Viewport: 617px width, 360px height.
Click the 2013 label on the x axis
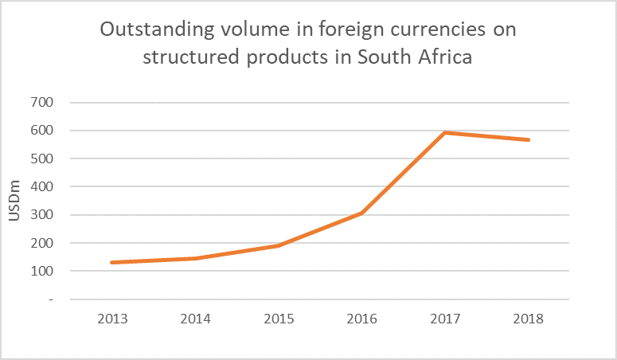coord(112,319)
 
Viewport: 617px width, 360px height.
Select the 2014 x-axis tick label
coord(196,319)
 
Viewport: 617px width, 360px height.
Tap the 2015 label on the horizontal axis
coord(279,319)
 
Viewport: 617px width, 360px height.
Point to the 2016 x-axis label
coord(362,319)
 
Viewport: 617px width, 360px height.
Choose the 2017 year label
coord(445,319)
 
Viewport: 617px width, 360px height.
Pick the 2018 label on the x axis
coord(528,319)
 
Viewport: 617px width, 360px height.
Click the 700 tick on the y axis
coord(41,103)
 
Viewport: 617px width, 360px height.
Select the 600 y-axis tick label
coord(41,131)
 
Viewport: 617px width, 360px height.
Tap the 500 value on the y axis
coord(41,158)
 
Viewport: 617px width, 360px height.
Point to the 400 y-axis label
coord(41,186)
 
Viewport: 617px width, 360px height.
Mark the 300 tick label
coord(41,215)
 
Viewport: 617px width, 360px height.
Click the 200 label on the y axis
coord(41,243)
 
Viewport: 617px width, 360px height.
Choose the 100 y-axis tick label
coord(41,271)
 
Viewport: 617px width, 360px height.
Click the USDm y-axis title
coord(14,201)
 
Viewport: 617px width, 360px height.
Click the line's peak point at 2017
coord(445,133)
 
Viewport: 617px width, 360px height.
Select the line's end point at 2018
coord(528,140)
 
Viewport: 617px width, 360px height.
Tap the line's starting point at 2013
coord(112,262)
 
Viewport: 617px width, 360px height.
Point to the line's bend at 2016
coord(361,213)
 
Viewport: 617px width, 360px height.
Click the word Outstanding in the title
coord(157,30)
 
